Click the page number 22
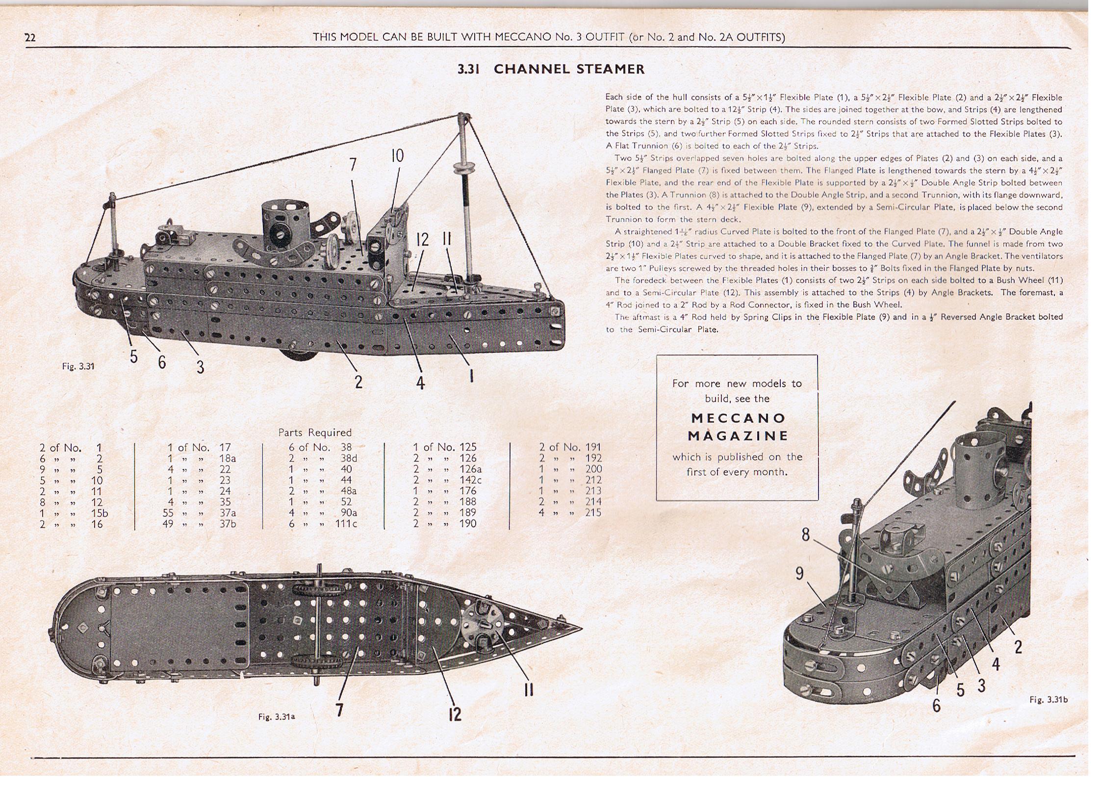click(30, 38)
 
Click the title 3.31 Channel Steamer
click(551, 69)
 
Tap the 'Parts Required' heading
click(315, 432)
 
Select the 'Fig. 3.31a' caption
click(277, 716)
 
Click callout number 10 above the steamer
click(397, 156)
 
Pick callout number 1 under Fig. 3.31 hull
click(471, 376)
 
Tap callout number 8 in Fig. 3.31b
click(805, 534)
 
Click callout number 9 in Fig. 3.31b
click(799, 573)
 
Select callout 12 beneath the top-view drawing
click(455, 714)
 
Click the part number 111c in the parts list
click(348, 524)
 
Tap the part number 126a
click(470, 469)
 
